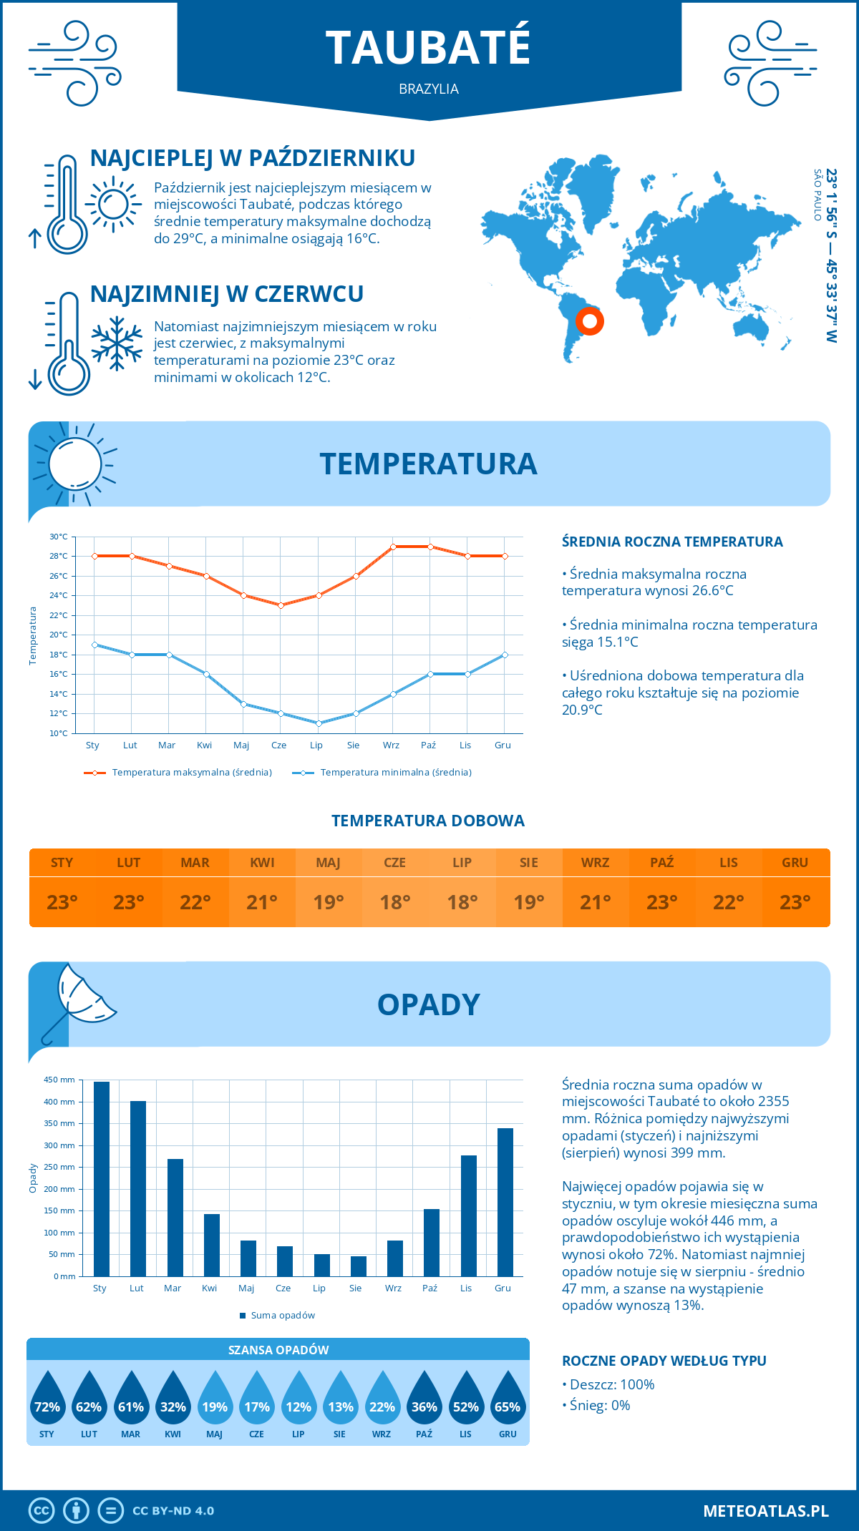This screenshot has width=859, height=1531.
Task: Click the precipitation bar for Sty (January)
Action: click(102, 1178)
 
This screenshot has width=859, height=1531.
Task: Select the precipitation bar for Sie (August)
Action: click(359, 1266)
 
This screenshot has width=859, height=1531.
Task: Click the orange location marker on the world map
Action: click(590, 321)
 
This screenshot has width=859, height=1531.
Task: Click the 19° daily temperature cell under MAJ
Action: click(329, 902)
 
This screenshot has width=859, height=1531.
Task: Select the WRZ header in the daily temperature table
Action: click(595, 862)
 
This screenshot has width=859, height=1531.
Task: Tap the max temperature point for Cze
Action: click(281, 605)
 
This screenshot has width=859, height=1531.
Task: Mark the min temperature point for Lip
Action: click(319, 723)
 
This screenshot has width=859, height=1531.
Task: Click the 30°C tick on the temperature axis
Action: click(59, 537)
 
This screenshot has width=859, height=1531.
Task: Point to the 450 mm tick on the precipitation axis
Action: click(60, 1080)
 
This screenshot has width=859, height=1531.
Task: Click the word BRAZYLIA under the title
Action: click(429, 89)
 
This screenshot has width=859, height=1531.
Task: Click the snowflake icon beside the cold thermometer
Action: click(117, 343)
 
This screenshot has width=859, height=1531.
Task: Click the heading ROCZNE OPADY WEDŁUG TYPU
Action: click(664, 1361)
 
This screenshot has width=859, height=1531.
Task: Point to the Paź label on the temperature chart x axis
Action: click(428, 745)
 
